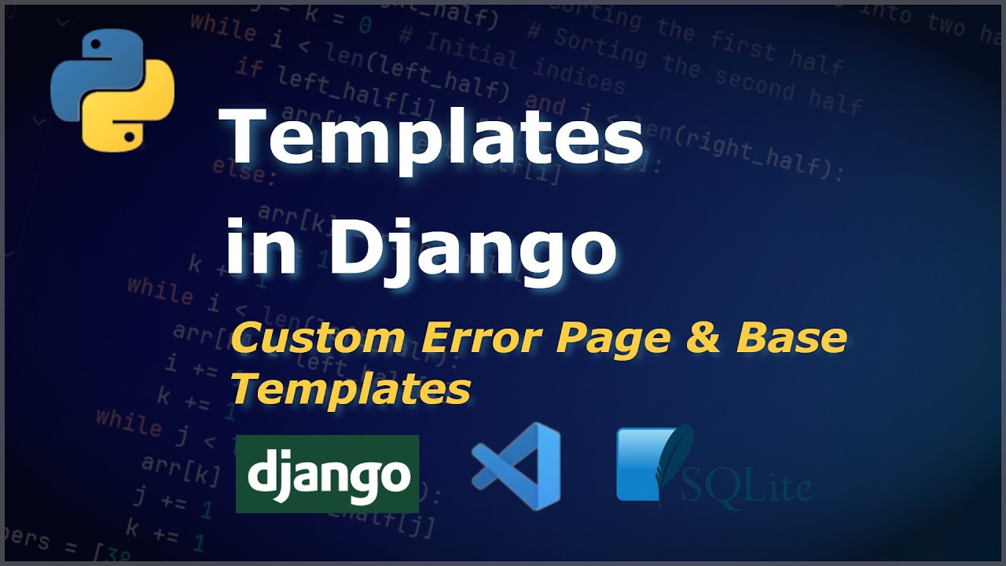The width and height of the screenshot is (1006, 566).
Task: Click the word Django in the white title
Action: (472, 248)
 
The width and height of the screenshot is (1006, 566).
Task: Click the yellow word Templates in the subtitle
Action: (351, 388)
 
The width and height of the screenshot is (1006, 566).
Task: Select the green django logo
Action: (327, 474)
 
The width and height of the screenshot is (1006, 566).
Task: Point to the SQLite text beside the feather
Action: (747, 487)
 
